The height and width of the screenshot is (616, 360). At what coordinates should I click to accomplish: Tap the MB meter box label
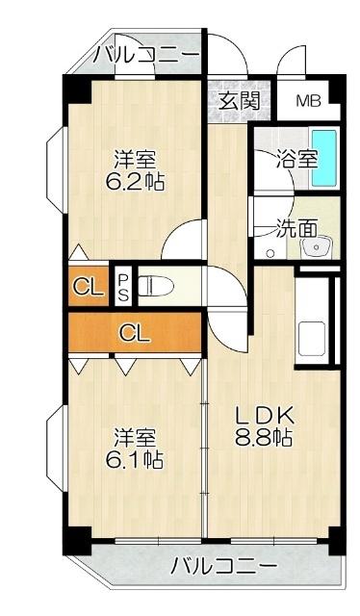pos(308,101)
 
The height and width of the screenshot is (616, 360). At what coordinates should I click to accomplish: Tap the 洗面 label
pos(296,228)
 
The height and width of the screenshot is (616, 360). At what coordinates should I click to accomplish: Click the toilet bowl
pos(160,285)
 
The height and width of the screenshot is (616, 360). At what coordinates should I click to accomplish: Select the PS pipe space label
pos(124,286)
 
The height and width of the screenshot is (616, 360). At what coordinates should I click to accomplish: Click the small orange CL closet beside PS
pos(88,286)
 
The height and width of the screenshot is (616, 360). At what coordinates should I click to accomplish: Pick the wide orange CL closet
pos(135,334)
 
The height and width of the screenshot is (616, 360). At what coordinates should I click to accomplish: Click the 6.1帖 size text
pos(134,459)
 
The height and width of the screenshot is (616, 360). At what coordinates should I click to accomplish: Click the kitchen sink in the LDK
pos(315,337)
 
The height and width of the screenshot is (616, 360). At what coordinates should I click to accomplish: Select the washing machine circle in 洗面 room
pos(270,254)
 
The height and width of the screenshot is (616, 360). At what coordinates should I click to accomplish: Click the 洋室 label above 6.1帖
pos(133,436)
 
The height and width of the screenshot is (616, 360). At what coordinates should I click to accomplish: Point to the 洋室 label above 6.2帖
pos(134,158)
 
